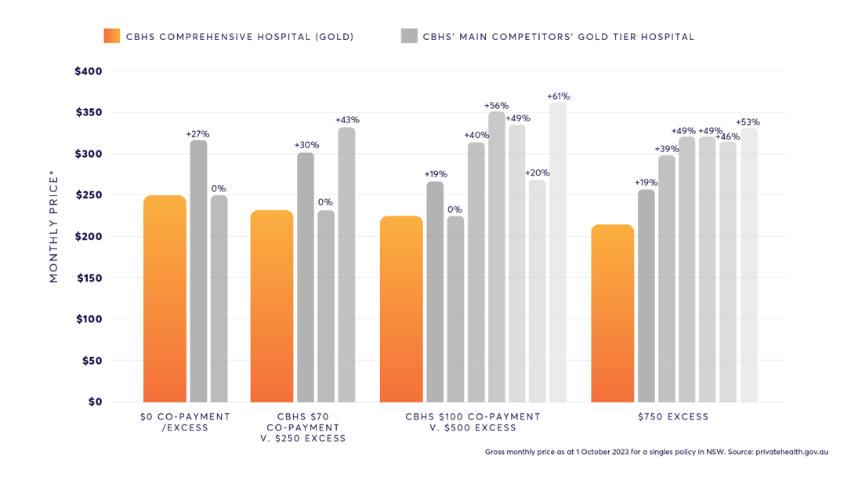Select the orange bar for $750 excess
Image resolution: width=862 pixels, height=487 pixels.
pyautogui.click(x=612, y=314)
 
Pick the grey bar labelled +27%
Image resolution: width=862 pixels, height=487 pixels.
pyautogui.click(x=198, y=271)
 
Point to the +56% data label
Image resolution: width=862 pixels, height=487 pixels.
pyautogui.click(x=496, y=105)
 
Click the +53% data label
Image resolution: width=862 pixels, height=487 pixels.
pyautogui.click(x=748, y=122)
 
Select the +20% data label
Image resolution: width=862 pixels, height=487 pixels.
pyautogui.click(x=537, y=173)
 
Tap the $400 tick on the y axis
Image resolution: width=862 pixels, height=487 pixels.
pyautogui.click(x=89, y=71)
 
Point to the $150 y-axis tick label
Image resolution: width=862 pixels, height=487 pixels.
pyautogui.click(x=89, y=278)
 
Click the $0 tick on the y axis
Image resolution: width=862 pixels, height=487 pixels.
pyautogui.click(x=94, y=402)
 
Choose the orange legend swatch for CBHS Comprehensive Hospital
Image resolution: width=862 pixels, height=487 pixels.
pyautogui.click(x=112, y=36)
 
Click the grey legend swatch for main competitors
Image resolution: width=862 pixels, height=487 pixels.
pyautogui.click(x=409, y=36)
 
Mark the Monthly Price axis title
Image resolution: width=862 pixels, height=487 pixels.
pyautogui.click(x=54, y=229)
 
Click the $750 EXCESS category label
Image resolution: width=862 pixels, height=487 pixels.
pyautogui.click(x=674, y=417)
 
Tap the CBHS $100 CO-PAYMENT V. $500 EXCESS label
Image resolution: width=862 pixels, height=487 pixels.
pyautogui.click(x=473, y=422)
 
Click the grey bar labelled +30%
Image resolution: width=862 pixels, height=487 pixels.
pyautogui.click(x=306, y=278)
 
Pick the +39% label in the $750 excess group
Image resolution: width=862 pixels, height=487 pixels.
pyautogui.click(x=667, y=149)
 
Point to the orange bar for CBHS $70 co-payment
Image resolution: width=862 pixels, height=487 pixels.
pyautogui.click(x=272, y=307)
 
